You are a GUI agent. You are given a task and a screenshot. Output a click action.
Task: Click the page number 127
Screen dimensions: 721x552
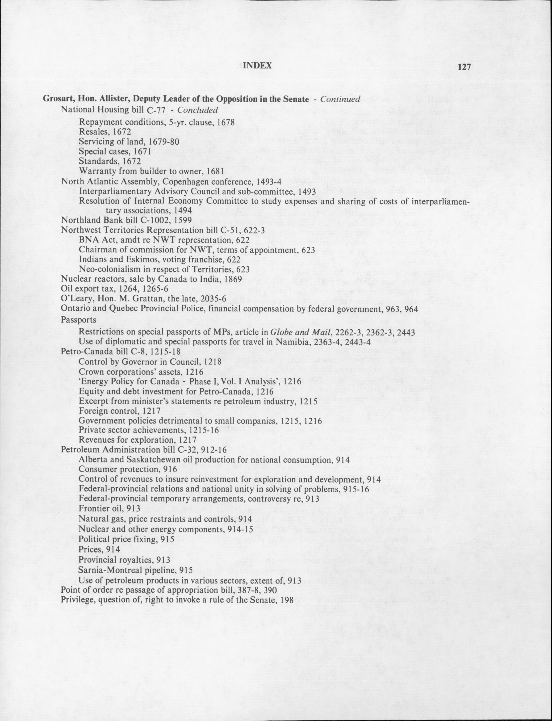(464, 67)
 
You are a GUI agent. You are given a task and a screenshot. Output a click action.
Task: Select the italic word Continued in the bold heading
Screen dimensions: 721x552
(340, 99)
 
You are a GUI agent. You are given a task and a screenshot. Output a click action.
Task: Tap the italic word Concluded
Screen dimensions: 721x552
(197, 110)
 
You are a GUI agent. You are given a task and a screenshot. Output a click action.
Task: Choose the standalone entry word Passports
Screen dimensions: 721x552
(79, 319)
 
